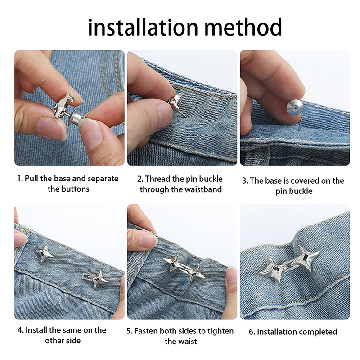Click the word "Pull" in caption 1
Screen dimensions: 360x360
[31, 179]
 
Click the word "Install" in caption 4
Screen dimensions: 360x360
[36, 330]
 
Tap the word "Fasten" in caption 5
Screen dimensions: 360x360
[146, 331]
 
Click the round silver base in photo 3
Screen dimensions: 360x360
[294, 108]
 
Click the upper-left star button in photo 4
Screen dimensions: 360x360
[44, 254]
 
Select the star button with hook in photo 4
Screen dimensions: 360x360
[94, 279]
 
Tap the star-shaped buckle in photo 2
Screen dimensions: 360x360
[175, 100]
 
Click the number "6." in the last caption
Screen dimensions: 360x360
[252, 332]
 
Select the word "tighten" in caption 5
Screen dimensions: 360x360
[220, 331]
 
